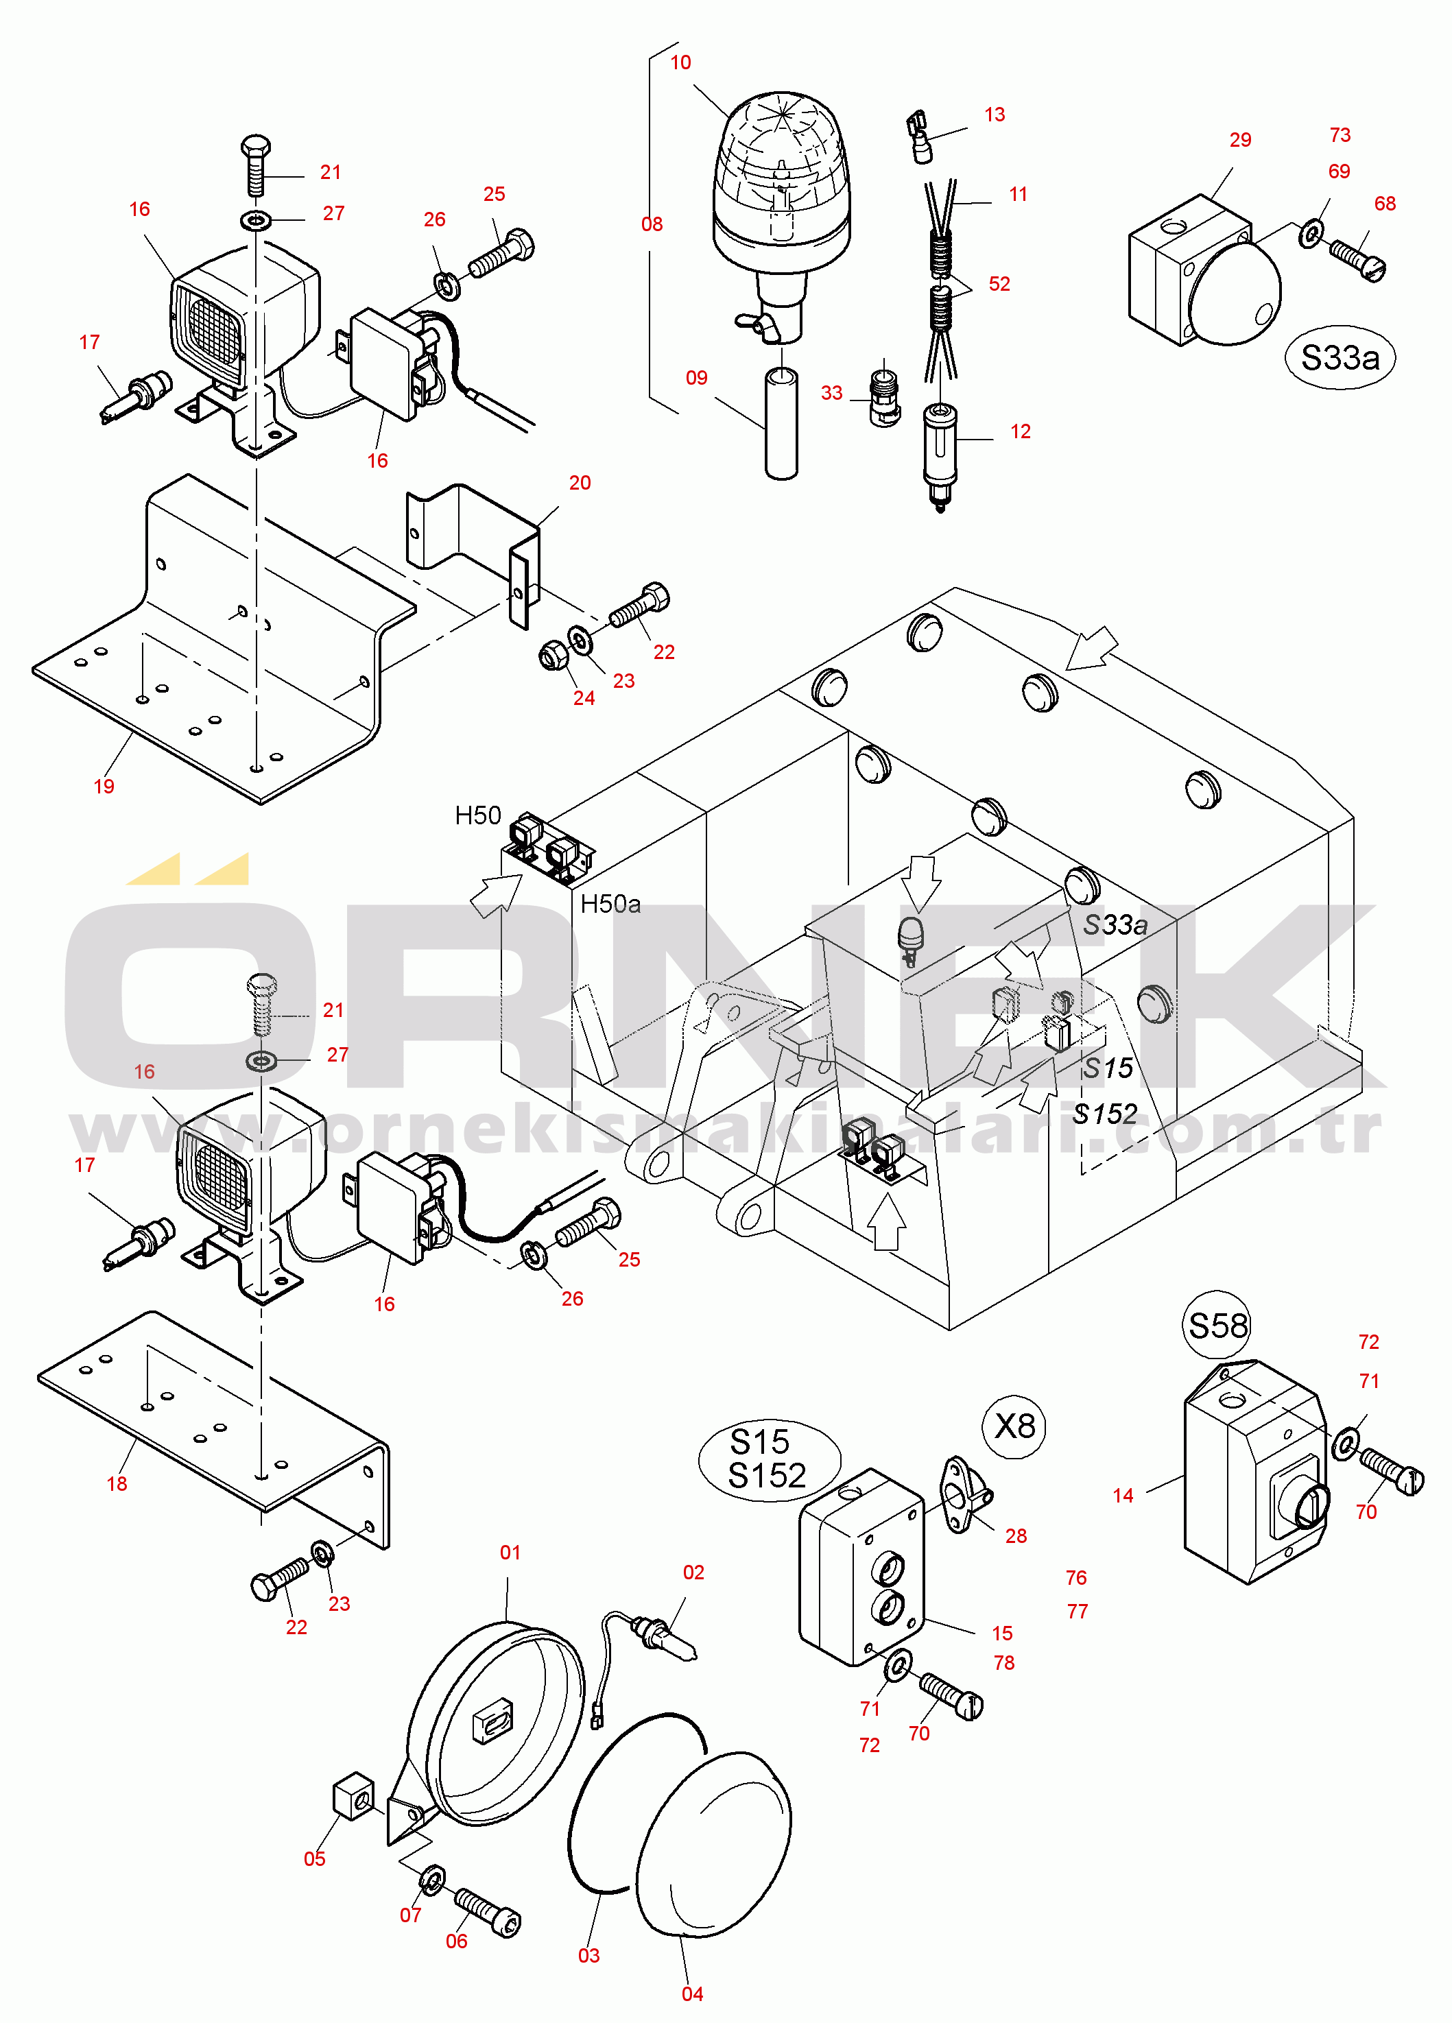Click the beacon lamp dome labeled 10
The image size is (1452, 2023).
(781, 169)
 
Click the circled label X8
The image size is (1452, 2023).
(1015, 1426)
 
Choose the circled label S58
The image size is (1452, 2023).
(1218, 1326)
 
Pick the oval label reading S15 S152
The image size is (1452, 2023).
(768, 1459)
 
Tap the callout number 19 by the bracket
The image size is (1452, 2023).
(104, 787)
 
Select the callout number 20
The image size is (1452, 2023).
(580, 483)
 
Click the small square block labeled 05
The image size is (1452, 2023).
(354, 1795)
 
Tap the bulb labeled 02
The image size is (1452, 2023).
(665, 1638)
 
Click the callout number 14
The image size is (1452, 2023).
(1123, 1496)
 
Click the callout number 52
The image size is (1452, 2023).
(999, 284)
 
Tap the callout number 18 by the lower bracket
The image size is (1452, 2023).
(117, 1484)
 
